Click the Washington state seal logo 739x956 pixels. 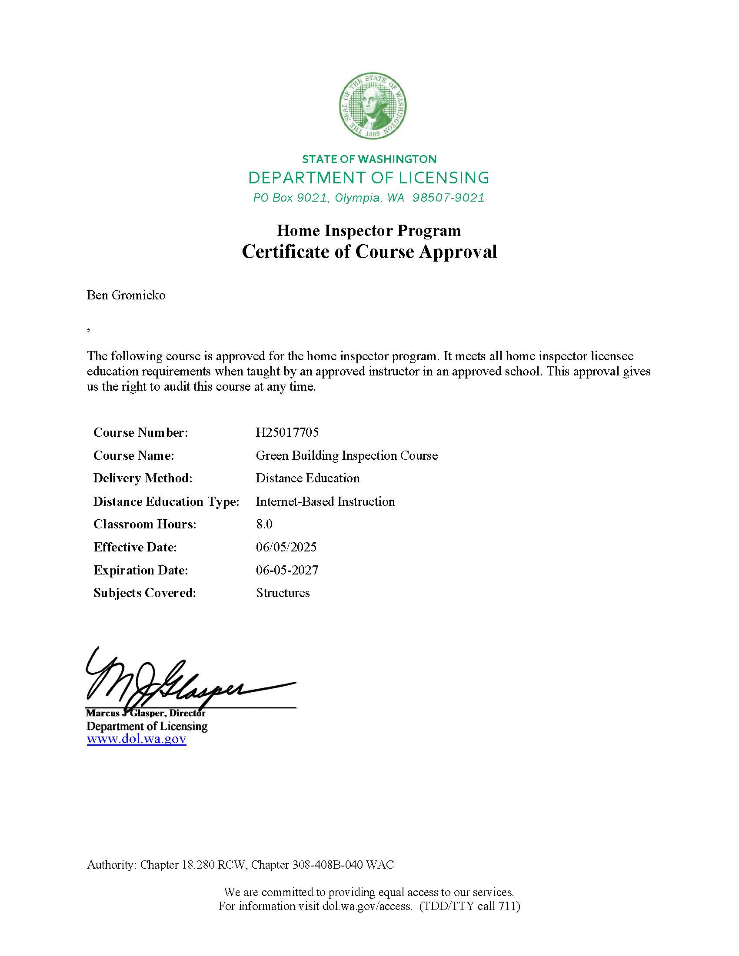click(x=373, y=106)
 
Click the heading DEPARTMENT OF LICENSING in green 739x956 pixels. click(x=369, y=178)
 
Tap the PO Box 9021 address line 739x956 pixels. click(x=369, y=198)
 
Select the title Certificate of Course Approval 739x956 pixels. click(x=369, y=252)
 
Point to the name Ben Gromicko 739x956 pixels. click(x=126, y=295)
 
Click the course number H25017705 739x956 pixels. click(x=287, y=432)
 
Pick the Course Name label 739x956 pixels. click(x=133, y=456)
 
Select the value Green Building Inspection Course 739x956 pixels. click(x=347, y=456)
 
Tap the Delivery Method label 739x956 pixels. click(x=143, y=478)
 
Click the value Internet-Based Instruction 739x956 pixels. click(x=325, y=501)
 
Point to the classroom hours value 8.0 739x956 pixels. click(x=264, y=524)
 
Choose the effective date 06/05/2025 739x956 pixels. click(x=286, y=547)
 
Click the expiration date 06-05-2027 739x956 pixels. click(x=287, y=570)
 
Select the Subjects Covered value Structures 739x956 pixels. click(x=283, y=593)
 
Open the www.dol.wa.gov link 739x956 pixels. click(x=136, y=739)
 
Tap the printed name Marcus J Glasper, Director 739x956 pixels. click(x=146, y=713)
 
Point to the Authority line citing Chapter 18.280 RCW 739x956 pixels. click(x=240, y=864)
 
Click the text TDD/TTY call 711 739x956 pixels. click(x=470, y=906)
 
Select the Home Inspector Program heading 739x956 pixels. click(x=369, y=231)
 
